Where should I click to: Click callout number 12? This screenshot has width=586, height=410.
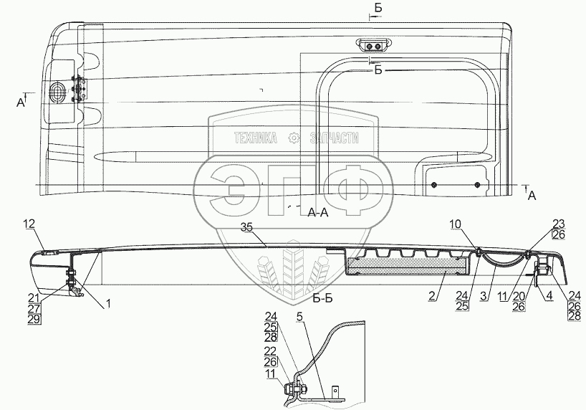(29, 224)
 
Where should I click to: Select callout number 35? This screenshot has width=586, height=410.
(246, 227)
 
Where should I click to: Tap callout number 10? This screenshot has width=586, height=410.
(456, 224)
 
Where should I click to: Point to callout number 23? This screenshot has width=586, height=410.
(559, 224)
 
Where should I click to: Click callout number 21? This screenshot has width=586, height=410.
(34, 298)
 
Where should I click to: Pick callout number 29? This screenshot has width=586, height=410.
(34, 319)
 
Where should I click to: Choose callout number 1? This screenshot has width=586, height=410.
(108, 304)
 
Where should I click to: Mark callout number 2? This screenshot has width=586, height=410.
(433, 295)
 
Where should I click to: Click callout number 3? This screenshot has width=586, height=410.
(484, 296)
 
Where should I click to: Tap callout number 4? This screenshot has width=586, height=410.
(549, 296)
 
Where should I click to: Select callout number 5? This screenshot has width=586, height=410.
(299, 317)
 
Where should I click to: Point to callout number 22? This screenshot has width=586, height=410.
(270, 351)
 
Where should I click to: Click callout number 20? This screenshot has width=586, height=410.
(519, 296)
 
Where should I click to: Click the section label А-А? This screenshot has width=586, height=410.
(317, 212)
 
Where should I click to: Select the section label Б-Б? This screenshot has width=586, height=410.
(322, 297)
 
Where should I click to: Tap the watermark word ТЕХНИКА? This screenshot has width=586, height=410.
(256, 138)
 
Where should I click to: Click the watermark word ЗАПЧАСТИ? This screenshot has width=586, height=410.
(334, 138)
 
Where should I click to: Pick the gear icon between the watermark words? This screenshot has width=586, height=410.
(294, 138)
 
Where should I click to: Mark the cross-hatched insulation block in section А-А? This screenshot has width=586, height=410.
(407, 265)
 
